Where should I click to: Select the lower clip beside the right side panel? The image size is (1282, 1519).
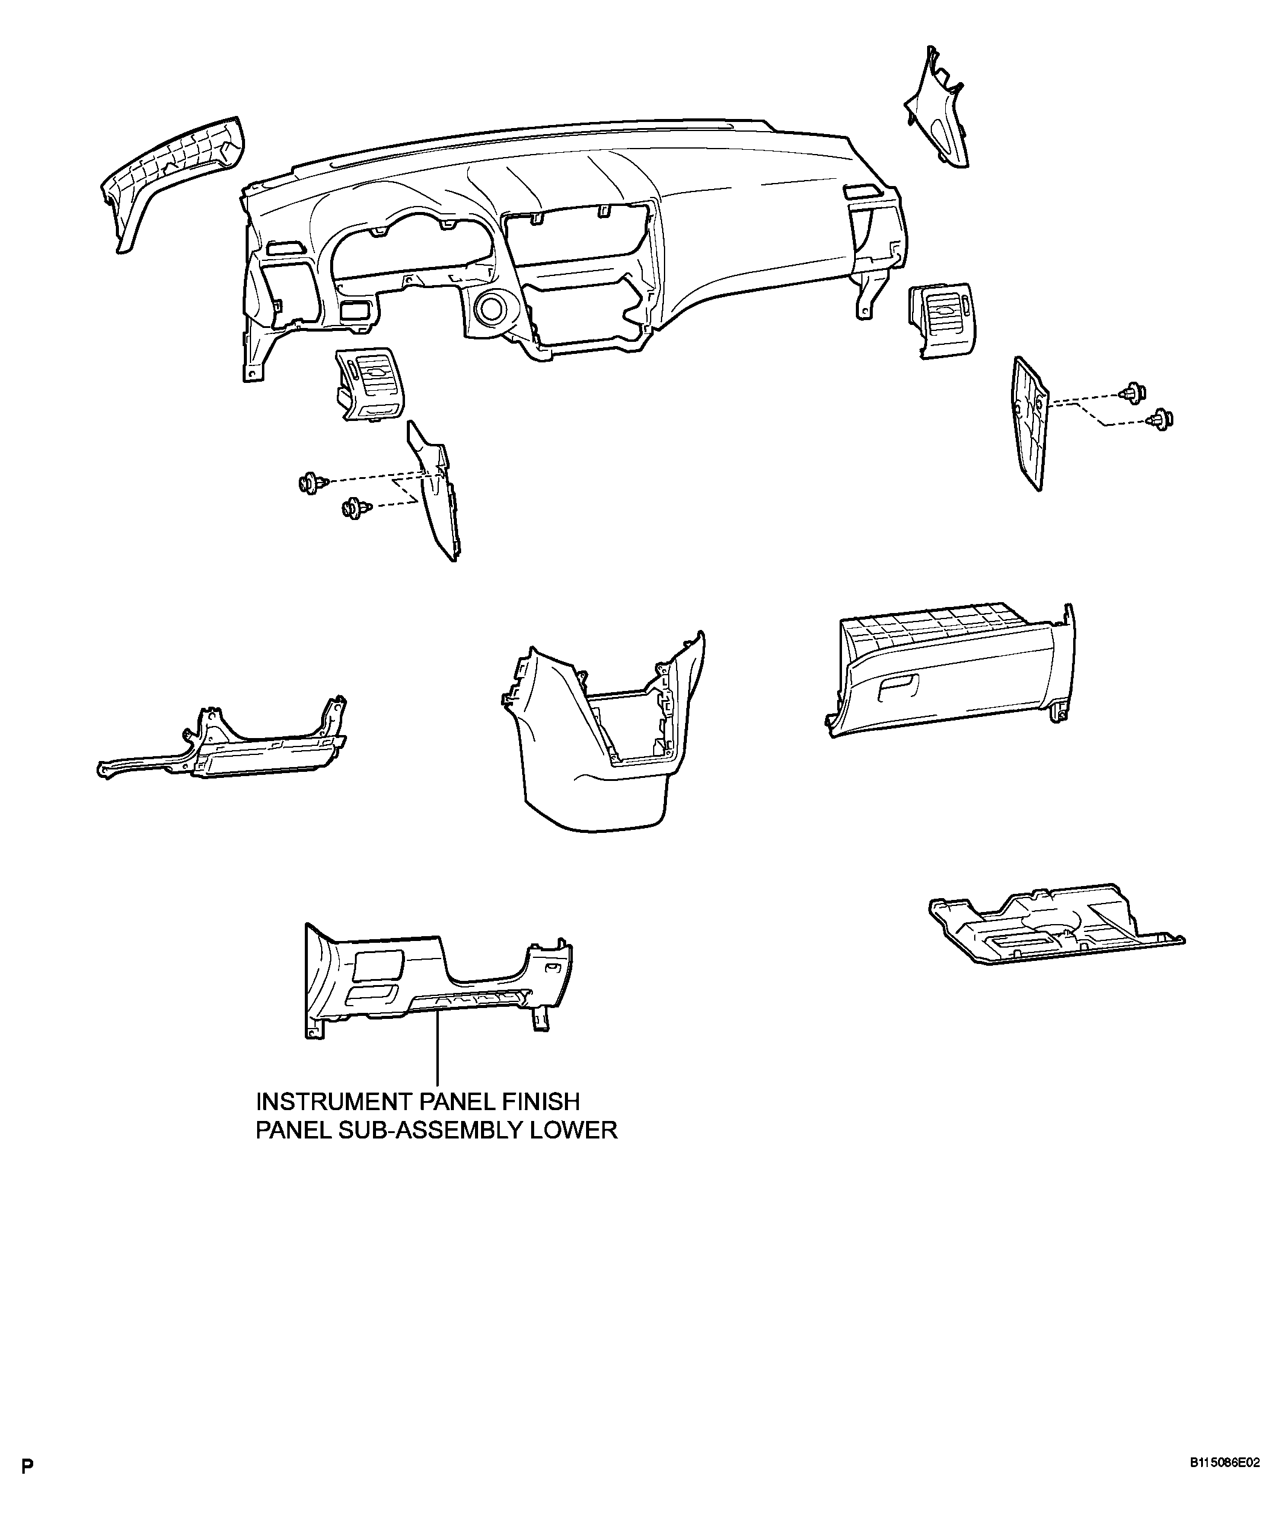point(1160,420)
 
